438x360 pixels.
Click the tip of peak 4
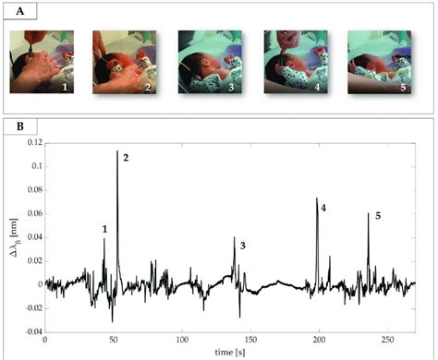coord(316,198)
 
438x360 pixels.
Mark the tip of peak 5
coord(368,214)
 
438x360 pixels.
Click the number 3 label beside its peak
coord(242,246)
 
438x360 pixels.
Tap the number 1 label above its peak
coord(104,228)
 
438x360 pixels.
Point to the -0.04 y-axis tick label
coord(30,330)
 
